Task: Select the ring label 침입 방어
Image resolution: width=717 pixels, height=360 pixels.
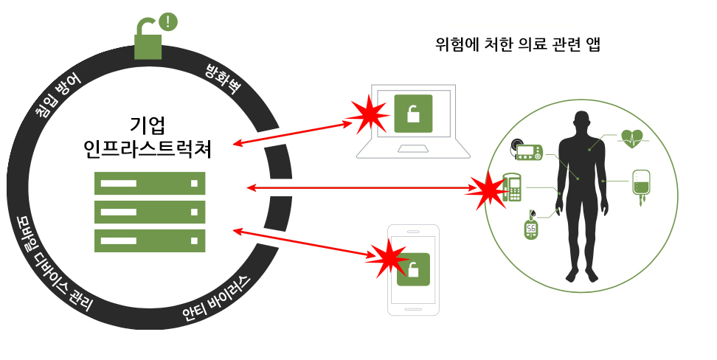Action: (58, 96)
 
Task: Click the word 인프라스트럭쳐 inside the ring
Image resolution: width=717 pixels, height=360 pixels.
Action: (148, 150)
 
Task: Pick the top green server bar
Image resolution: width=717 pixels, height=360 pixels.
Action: (149, 183)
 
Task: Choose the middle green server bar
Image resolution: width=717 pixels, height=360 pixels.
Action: (149, 212)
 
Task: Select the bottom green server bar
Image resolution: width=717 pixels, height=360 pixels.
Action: (149, 240)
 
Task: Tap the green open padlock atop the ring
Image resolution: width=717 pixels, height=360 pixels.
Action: (148, 42)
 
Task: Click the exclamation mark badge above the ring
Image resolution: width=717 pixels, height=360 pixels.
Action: (169, 21)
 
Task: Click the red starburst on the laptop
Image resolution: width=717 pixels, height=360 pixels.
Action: (368, 114)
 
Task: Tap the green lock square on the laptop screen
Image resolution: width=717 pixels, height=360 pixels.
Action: (413, 113)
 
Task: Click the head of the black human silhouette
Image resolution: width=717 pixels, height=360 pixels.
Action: (583, 121)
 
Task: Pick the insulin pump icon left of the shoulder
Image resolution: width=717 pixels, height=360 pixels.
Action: (528, 150)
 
